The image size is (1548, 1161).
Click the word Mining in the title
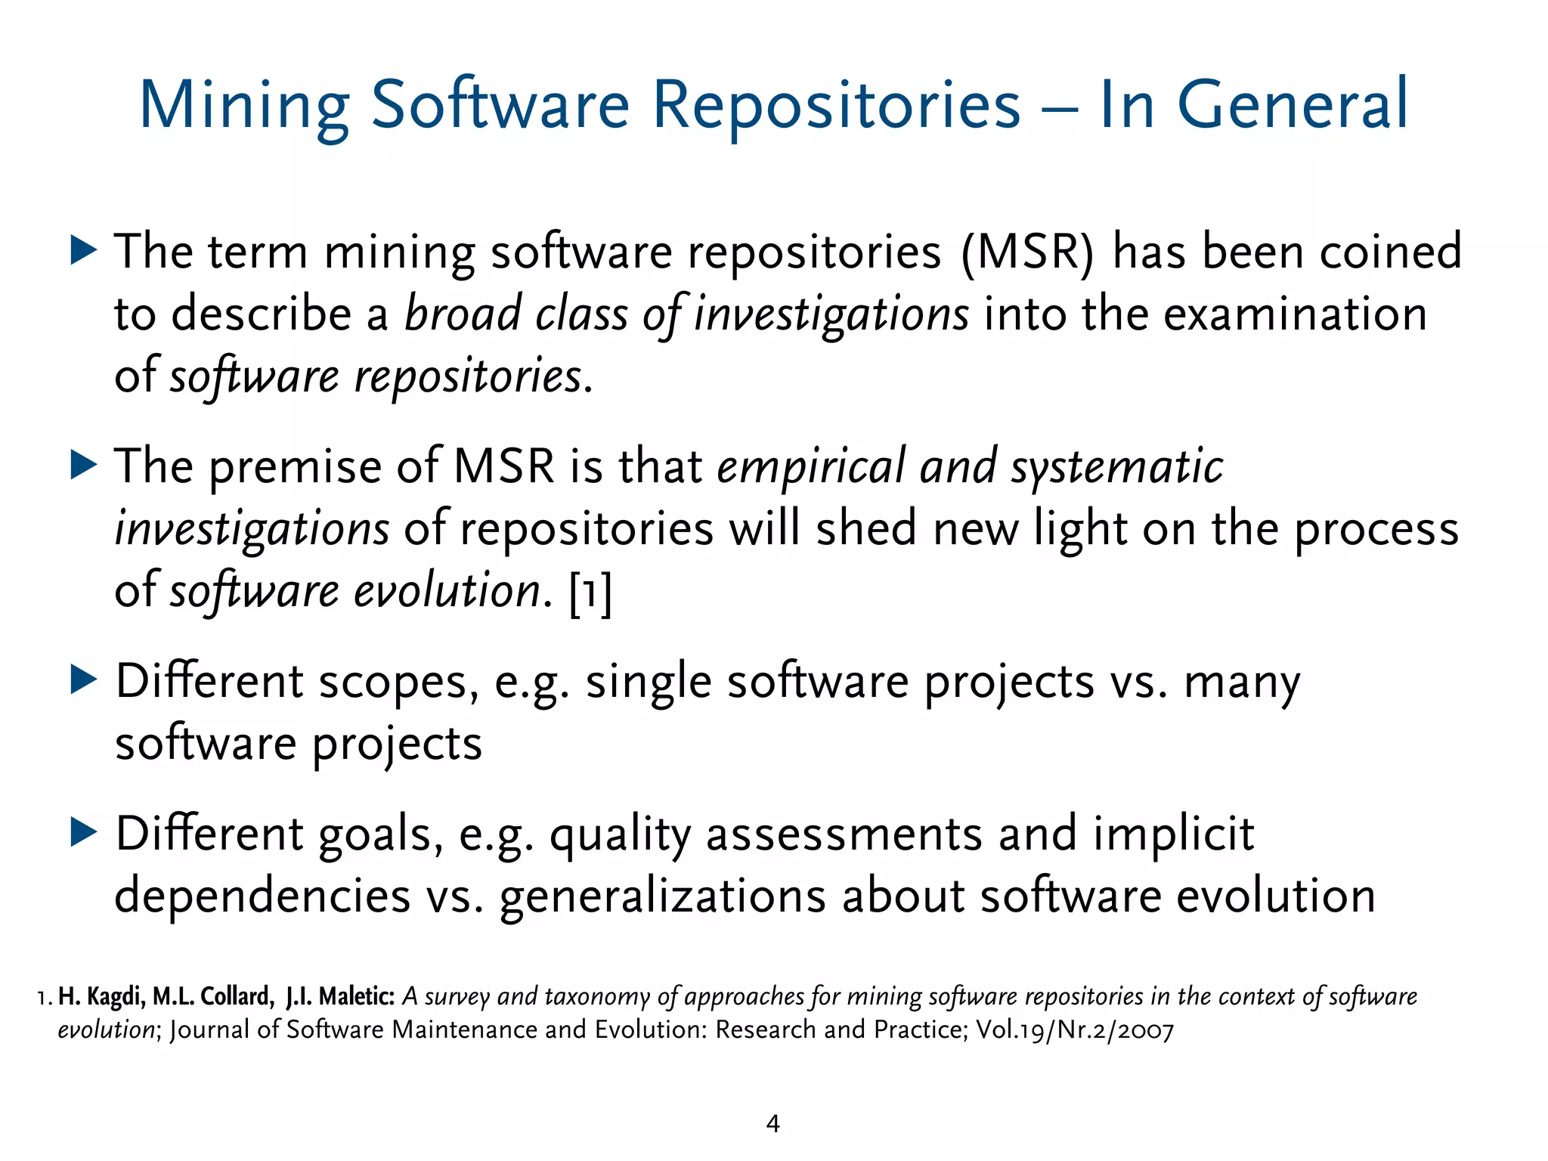pos(244,106)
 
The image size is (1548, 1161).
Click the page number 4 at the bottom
pos(772,1124)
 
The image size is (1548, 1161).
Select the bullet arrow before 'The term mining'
pos(84,249)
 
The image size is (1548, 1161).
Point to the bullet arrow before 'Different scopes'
pos(84,680)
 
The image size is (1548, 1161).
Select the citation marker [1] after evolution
pos(590,592)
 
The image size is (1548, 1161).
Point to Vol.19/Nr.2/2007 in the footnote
pos(1075,1030)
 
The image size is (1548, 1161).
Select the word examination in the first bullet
pos(1294,314)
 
